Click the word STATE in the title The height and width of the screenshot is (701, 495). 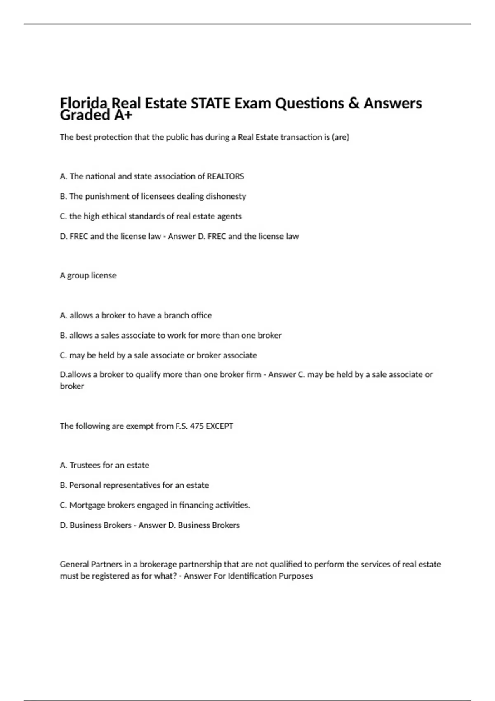pos(210,103)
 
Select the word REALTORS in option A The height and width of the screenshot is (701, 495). pos(225,176)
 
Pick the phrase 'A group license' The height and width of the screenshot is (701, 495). pos(88,275)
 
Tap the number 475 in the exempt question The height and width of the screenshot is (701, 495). pos(197,426)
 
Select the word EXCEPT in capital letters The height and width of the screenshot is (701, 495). pos(219,426)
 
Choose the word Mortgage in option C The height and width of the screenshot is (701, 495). pos(87,506)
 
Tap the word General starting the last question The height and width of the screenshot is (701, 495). pos(74,564)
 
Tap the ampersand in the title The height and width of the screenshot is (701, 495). pos(354,103)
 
